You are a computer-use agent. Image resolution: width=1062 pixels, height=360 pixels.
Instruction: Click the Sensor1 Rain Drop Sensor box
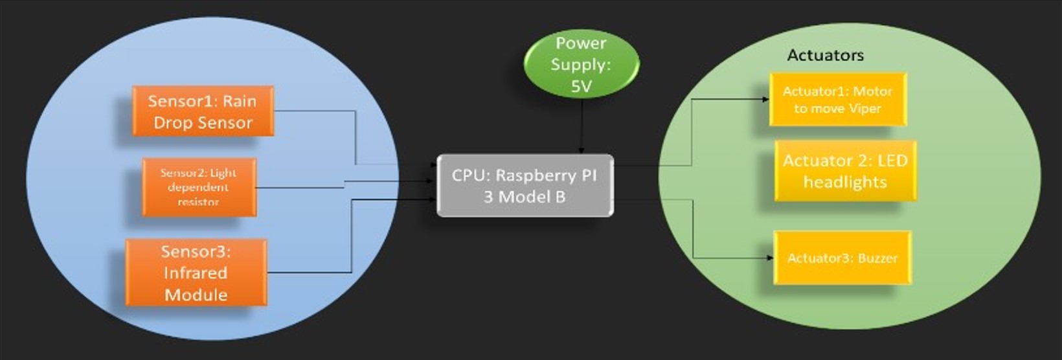(x=203, y=111)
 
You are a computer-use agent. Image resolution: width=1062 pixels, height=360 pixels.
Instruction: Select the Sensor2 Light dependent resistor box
(x=199, y=188)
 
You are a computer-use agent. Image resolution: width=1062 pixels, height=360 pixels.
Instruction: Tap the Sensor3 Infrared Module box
(x=196, y=273)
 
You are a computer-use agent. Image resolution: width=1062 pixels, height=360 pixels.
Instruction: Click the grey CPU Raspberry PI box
(x=525, y=186)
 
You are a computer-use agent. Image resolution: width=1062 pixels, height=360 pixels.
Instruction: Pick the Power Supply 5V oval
(x=581, y=64)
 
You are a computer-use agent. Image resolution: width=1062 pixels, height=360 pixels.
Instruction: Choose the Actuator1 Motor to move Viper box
(x=837, y=100)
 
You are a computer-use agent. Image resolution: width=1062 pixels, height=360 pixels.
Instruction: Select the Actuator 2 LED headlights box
(x=845, y=171)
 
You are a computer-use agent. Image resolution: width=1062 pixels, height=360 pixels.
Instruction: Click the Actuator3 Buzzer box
(x=842, y=258)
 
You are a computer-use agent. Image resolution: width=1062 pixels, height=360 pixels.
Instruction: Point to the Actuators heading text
(x=825, y=55)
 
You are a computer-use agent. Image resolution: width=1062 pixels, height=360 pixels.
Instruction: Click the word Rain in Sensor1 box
(x=240, y=101)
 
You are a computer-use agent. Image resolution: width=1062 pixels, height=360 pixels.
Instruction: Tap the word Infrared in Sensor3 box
(x=195, y=273)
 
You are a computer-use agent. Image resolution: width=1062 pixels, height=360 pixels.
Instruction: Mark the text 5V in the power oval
(x=581, y=86)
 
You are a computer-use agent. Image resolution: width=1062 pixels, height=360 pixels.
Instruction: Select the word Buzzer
(x=878, y=258)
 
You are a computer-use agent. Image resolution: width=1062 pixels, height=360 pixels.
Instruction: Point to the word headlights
(x=845, y=182)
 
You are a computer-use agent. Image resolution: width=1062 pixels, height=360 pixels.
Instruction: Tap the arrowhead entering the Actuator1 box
(x=766, y=100)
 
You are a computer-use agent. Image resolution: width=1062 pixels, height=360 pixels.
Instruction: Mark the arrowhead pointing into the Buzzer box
(x=770, y=258)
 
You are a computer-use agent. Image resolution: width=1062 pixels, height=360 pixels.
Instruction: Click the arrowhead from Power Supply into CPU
(x=582, y=151)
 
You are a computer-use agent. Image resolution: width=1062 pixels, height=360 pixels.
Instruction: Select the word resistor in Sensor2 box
(x=198, y=202)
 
